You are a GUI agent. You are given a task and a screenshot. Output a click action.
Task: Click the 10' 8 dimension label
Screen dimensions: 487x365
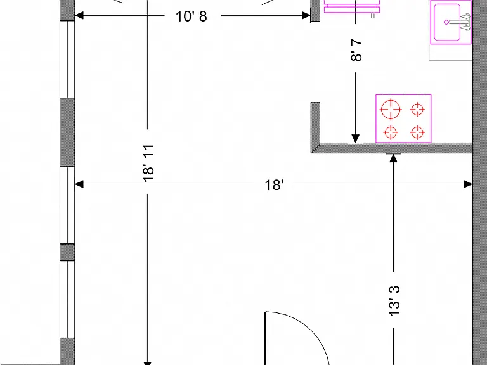pos(191,16)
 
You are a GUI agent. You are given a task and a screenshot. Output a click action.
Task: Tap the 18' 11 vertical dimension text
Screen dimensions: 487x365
pos(148,163)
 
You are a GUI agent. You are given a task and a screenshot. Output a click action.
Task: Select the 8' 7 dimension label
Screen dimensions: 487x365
pos(356,50)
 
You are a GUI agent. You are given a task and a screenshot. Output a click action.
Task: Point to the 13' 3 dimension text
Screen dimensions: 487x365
pos(394,301)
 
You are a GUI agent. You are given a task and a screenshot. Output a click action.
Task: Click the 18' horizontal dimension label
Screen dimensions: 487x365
pos(274,185)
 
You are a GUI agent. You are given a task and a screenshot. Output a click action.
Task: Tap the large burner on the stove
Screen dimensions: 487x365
pos(391,110)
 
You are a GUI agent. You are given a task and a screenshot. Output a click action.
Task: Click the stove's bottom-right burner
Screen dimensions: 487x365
pos(417,132)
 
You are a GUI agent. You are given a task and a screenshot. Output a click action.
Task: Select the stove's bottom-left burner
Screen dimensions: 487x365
pos(391,132)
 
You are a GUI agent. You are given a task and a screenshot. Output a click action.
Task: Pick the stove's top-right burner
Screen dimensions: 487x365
pos(417,110)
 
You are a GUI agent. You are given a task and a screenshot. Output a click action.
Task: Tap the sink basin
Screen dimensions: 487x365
pos(447,22)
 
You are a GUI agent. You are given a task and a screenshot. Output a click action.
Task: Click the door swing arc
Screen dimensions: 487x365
pos(306,329)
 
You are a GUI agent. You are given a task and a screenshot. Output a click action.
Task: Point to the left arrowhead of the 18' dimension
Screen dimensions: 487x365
pos(79,184)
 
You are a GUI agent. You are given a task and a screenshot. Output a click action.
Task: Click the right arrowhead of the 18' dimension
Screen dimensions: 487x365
pos(468,184)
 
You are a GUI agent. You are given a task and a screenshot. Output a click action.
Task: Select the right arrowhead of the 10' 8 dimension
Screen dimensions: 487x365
pos(306,15)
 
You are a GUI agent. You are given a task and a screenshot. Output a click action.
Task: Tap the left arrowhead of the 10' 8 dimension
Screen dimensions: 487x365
pos(79,15)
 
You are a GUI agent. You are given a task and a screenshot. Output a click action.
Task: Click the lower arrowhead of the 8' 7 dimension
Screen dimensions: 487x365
pos(355,139)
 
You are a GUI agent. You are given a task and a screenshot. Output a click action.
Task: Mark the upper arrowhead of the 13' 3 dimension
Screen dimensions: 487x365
pos(394,158)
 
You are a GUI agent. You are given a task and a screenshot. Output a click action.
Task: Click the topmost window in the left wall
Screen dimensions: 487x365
pos(67,60)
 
